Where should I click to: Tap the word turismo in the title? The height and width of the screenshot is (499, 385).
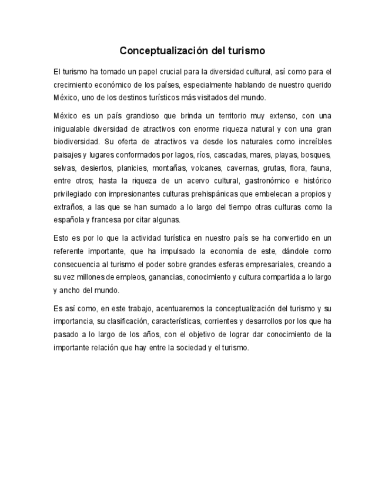pyautogui.click(x=244, y=51)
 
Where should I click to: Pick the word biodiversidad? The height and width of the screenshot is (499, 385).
pyautogui.click(x=76, y=142)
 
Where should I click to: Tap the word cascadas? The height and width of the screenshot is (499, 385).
pyautogui.click(x=230, y=155)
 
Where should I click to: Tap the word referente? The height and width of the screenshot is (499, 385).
pyautogui.click(x=67, y=251)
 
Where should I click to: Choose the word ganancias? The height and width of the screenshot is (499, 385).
pyautogui.click(x=162, y=277)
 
